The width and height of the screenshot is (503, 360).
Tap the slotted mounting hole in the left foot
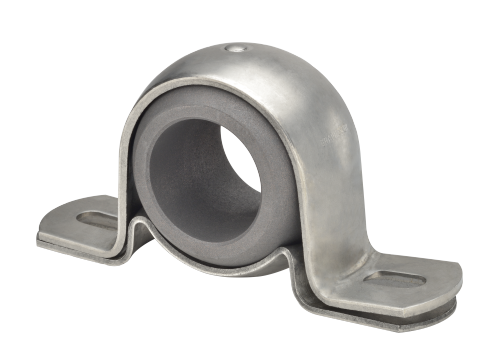click(x=97, y=218)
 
